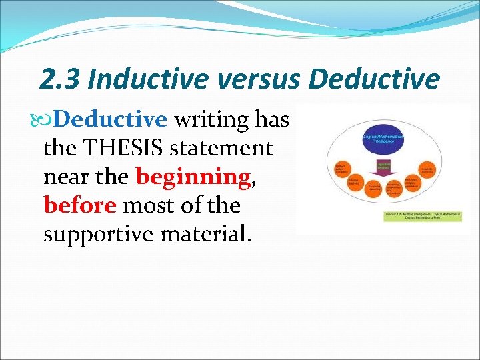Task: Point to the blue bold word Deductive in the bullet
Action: (110, 119)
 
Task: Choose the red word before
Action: (80, 205)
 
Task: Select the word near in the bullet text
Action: (65, 177)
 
